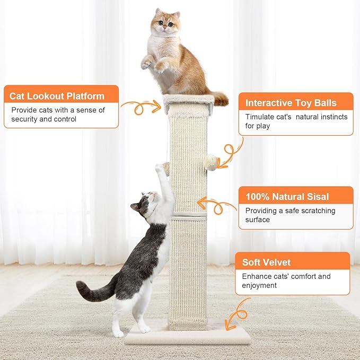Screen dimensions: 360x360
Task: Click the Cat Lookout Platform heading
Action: click(x=57, y=96)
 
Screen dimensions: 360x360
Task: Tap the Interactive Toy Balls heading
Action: click(x=292, y=103)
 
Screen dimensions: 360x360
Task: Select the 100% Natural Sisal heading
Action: click(x=287, y=197)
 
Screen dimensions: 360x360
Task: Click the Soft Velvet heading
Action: click(x=267, y=262)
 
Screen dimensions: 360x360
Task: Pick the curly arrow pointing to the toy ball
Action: click(x=231, y=154)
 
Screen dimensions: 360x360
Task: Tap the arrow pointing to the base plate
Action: click(x=238, y=314)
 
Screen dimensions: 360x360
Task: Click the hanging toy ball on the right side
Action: click(x=210, y=161)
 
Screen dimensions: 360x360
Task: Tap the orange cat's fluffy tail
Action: click(x=218, y=98)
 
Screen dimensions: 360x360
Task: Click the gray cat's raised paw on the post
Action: click(x=159, y=170)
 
